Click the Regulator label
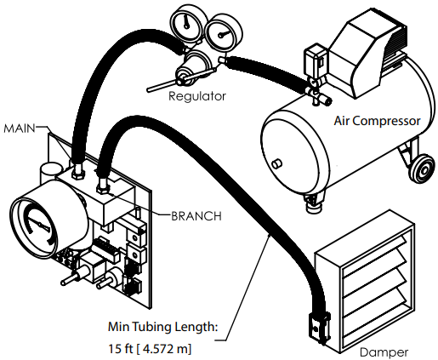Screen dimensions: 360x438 pos(197,96)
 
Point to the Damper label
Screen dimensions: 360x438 pos(384,351)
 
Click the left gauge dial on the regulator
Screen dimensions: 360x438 pos(187,22)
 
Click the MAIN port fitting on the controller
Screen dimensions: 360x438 pos(76,170)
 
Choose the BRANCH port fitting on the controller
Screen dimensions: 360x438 pos(103,181)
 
